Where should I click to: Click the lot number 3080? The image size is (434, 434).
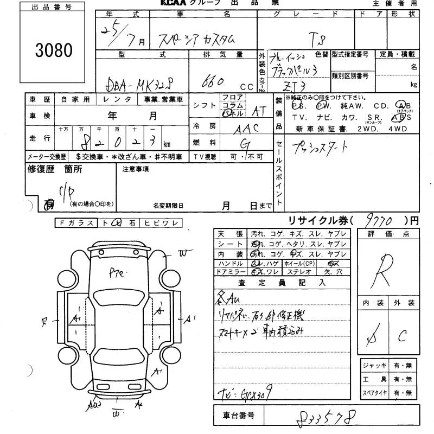54,50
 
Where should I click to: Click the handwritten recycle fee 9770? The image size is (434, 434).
379,221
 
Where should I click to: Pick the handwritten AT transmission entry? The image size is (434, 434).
257,111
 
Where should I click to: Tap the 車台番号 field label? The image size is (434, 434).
238,417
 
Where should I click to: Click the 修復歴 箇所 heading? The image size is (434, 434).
55,169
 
